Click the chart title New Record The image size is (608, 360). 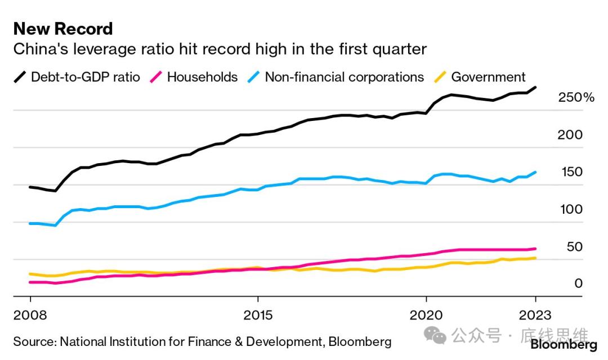click(x=63, y=29)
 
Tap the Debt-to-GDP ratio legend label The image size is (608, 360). click(x=86, y=77)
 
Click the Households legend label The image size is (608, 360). click(x=203, y=77)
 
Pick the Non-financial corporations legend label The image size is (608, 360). click(x=344, y=77)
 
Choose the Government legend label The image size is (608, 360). click(x=488, y=77)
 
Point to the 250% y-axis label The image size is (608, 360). click(x=576, y=98)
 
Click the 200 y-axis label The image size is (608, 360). click(x=570, y=135)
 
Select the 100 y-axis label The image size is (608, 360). click(x=570, y=209)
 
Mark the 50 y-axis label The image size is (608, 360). click(x=574, y=247)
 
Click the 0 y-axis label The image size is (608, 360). click(x=578, y=284)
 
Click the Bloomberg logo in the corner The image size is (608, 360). click(x=564, y=344)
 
